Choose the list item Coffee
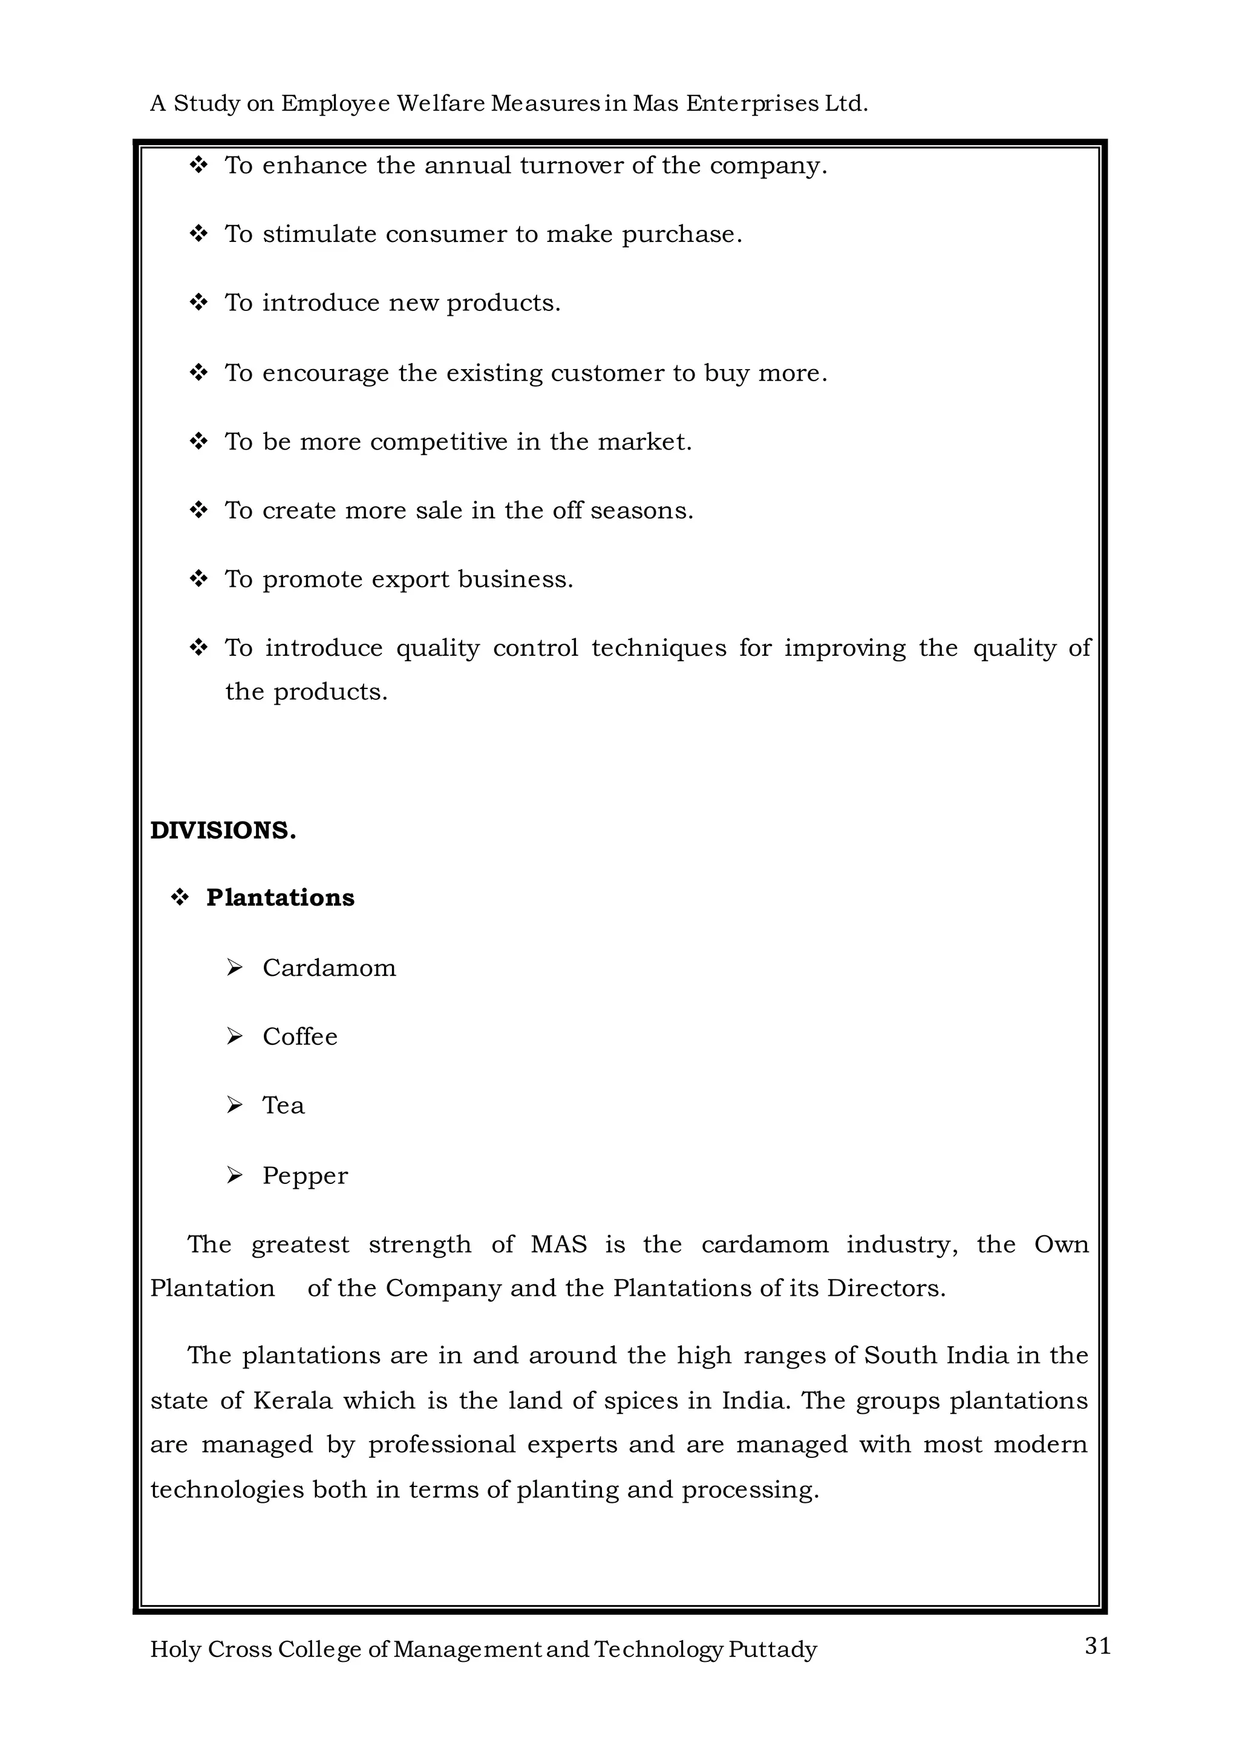click(x=300, y=1036)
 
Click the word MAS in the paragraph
click(x=558, y=1244)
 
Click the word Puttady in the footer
click(x=772, y=1649)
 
